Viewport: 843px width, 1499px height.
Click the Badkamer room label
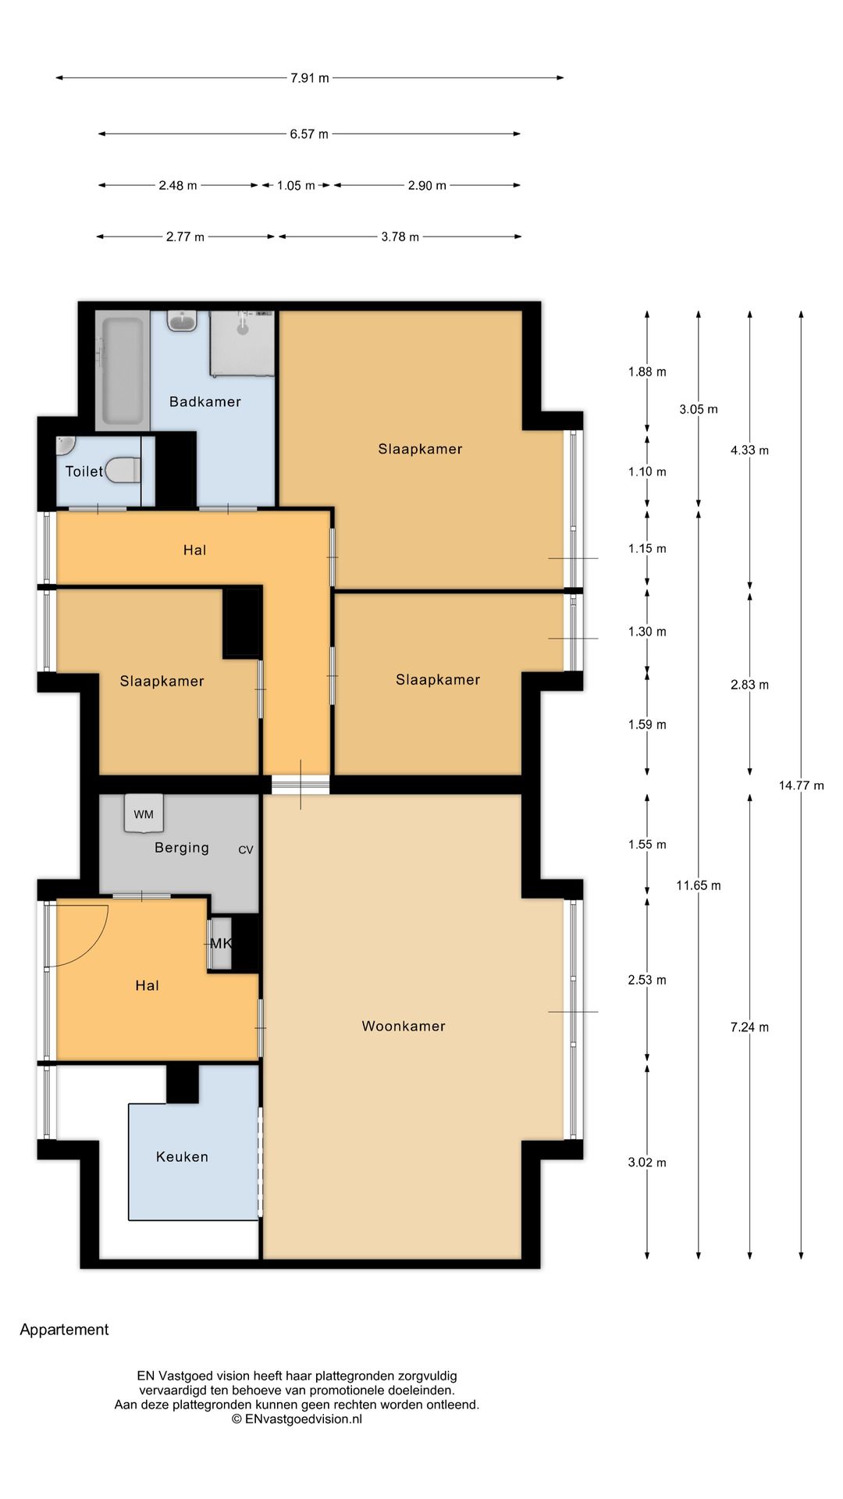[205, 401]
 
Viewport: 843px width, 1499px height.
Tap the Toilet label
[84, 471]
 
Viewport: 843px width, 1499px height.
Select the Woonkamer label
[404, 1026]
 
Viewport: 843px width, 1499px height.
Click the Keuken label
[182, 1156]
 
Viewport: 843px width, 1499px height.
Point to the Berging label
[182, 848]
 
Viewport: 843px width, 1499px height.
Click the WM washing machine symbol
[144, 814]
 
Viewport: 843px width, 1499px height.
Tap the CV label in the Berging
[246, 849]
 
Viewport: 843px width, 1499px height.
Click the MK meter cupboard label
[221, 943]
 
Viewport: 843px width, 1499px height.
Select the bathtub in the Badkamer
[123, 370]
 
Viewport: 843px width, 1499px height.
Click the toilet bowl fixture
[123, 470]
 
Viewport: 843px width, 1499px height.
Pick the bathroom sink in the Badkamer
[182, 320]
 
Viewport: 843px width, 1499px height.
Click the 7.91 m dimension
[310, 78]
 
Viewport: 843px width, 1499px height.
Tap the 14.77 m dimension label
[801, 785]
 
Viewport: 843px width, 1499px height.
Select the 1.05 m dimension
[296, 186]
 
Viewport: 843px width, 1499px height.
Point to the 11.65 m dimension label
[699, 885]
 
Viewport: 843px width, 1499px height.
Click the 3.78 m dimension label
[400, 237]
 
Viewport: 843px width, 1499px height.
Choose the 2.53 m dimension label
[647, 980]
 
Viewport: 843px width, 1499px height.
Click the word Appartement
[64, 1330]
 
